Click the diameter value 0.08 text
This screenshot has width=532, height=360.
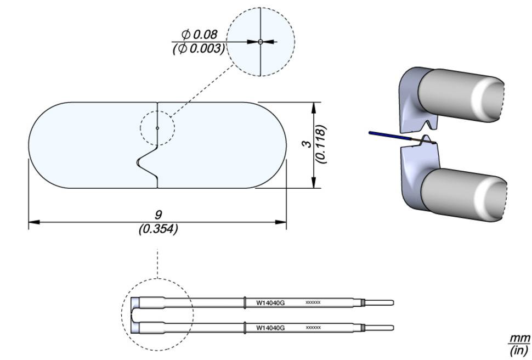pyautogui.click(x=201, y=35)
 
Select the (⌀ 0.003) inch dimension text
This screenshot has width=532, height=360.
pyautogui.click(x=199, y=48)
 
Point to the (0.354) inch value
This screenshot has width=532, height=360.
pyautogui.click(x=158, y=229)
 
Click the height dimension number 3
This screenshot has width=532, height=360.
pyautogui.click(x=308, y=144)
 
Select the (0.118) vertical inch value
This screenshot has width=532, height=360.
pyautogui.click(x=322, y=144)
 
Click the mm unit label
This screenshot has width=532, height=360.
pyautogui.click(x=519, y=337)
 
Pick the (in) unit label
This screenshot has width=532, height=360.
pyautogui.click(x=519, y=350)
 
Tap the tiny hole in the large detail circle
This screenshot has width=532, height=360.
pyautogui.click(x=261, y=41)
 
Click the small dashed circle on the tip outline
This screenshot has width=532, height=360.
pyautogui.click(x=157, y=128)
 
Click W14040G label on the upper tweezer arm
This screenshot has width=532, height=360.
pyautogui.click(x=270, y=302)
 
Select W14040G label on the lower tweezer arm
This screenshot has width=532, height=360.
pyautogui.click(x=270, y=328)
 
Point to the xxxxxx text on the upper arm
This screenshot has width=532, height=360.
pyautogui.click(x=313, y=302)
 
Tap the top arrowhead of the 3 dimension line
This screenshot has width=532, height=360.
pyautogui.click(x=313, y=106)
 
